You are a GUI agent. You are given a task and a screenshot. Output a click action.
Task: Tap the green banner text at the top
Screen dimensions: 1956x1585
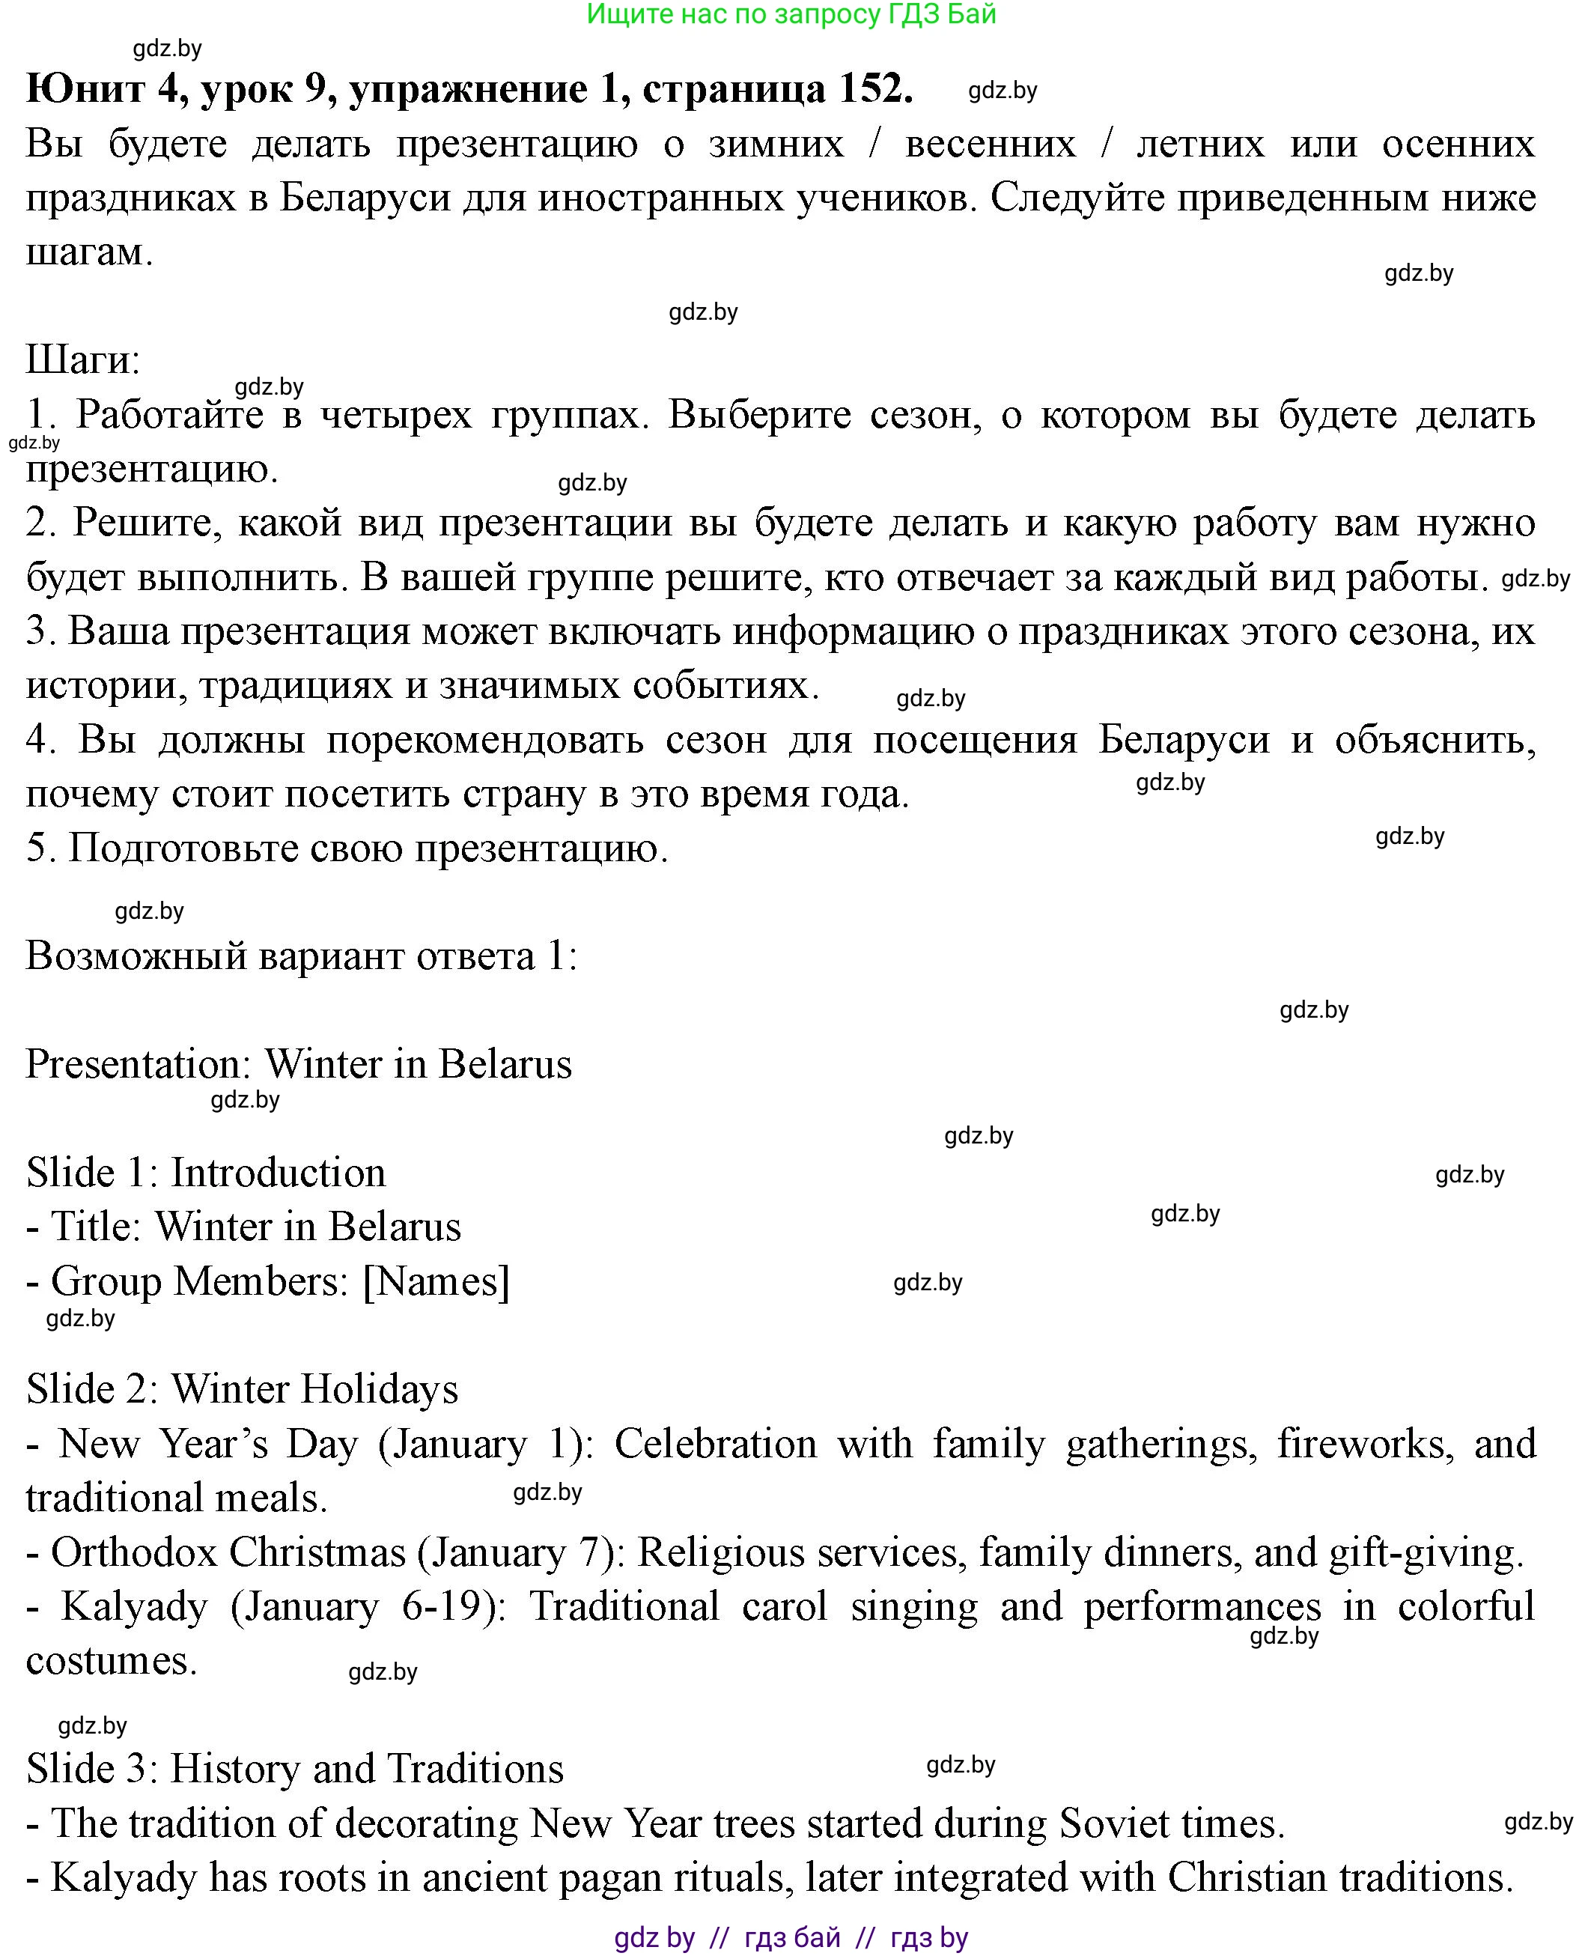point(791,15)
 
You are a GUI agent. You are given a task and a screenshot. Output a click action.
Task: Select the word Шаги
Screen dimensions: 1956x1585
point(82,359)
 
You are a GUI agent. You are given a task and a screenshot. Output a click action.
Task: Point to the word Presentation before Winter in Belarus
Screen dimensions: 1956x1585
point(138,1064)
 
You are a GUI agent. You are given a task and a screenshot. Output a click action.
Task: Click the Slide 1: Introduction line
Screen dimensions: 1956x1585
point(205,1173)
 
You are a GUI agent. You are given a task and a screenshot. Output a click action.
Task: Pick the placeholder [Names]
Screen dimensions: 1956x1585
point(436,1281)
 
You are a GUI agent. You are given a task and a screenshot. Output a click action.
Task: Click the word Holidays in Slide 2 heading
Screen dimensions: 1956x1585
point(379,1390)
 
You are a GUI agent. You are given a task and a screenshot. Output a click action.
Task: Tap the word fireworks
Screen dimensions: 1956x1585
point(1365,1445)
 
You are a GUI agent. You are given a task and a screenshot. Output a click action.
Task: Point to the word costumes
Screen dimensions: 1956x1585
point(111,1661)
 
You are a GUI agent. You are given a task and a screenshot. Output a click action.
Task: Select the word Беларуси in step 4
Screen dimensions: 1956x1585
point(1183,740)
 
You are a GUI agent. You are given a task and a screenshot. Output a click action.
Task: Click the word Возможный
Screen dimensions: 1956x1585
point(135,956)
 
